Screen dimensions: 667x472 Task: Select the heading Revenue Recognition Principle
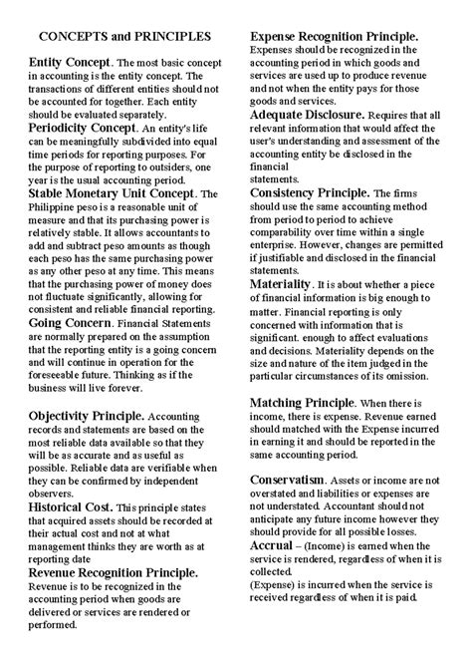(x=114, y=572)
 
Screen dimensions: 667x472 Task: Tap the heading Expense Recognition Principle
(x=333, y=36)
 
